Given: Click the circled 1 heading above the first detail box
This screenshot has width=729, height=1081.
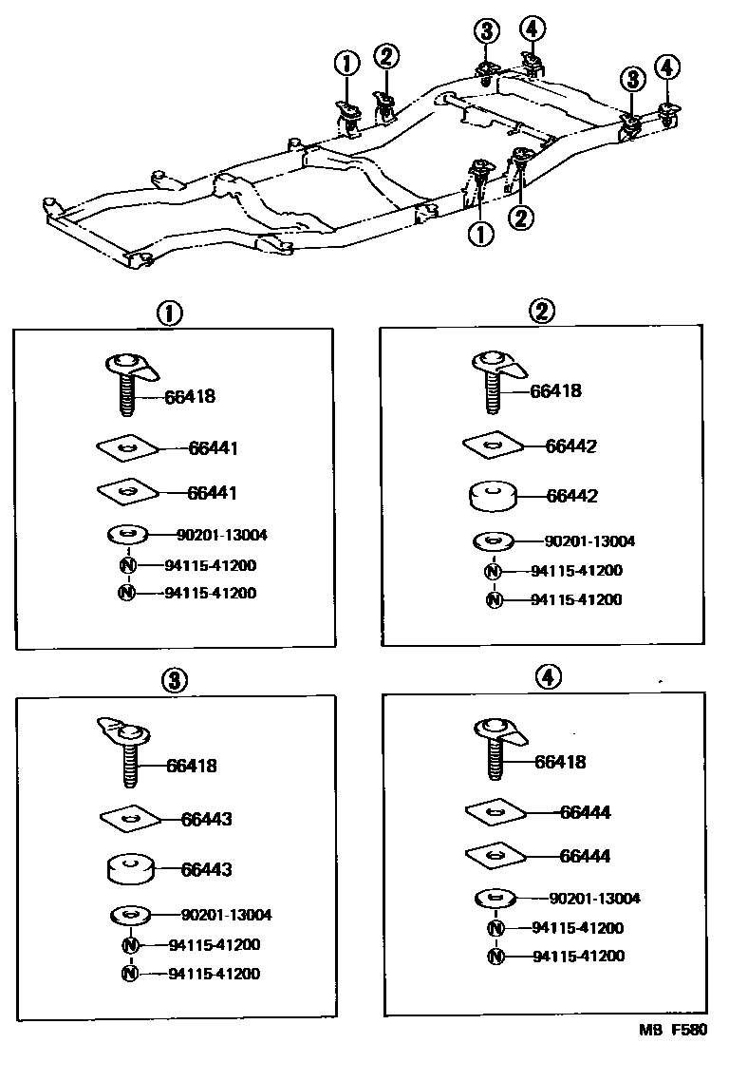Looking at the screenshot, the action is pos(169,314).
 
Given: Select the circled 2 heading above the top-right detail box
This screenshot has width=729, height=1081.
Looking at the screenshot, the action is pos(543,312).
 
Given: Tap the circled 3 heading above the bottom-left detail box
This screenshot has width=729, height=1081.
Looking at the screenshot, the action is pos(175,680).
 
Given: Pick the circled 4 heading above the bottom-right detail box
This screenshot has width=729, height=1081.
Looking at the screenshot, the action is pos(548,677).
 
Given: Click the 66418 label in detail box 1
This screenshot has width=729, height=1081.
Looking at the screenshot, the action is pos(189,397).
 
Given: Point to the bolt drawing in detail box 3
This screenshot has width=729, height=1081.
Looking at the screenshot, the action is pos(128,750).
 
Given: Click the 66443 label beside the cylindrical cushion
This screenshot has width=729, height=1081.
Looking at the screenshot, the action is pos(206,869).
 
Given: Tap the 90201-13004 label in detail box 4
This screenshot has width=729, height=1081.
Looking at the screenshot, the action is pos(594,898).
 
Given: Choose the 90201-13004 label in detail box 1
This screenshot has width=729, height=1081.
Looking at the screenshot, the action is pos(221,535).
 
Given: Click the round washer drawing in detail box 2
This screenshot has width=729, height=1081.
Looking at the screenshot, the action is pos(494,541).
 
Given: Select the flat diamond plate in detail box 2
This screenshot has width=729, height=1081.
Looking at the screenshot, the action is pos(493,443).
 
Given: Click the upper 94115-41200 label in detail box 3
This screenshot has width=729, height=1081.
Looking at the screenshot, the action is pos(214,944).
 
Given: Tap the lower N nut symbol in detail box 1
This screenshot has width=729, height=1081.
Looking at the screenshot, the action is pos(127,593).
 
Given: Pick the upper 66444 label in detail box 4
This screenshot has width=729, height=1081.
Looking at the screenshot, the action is pos(585,812).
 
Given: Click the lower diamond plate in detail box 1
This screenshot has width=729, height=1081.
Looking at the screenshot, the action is pos(127,490).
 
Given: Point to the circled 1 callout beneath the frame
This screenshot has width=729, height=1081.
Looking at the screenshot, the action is pos(480,234).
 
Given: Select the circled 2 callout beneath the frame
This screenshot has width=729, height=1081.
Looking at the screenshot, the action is pos(520,218).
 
